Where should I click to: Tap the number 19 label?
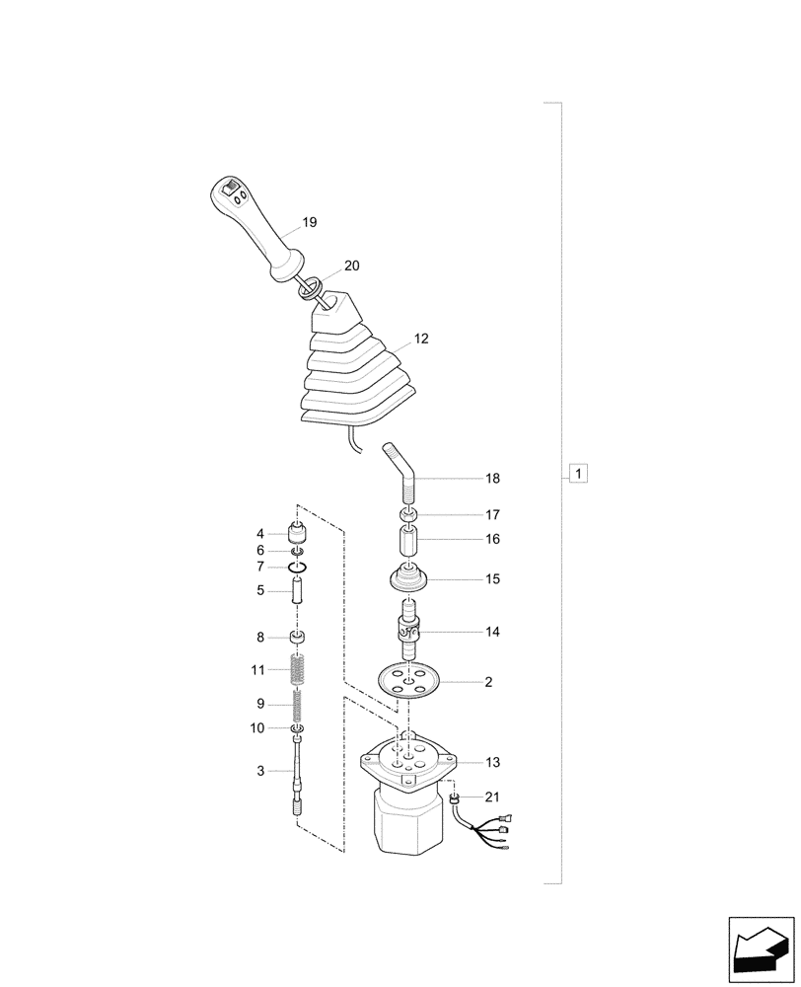pyautogui.click(x=309, y=223)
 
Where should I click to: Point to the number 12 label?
pyautogui.click(x=421, y=339)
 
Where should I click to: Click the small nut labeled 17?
pyautogui.click(x=407, y=516)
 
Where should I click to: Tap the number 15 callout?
pyautogui.click(x=492, y=579)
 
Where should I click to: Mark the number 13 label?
pyautogui.click(x=492, y=762)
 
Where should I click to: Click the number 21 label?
pyautogui.click(x=492, y=797)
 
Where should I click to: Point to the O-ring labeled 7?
pyautogui.click(x=298, y=568)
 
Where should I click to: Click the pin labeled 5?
pyautogui.click(x=298, y=593)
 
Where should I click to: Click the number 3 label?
pyautogui.click(x=260, y=771)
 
